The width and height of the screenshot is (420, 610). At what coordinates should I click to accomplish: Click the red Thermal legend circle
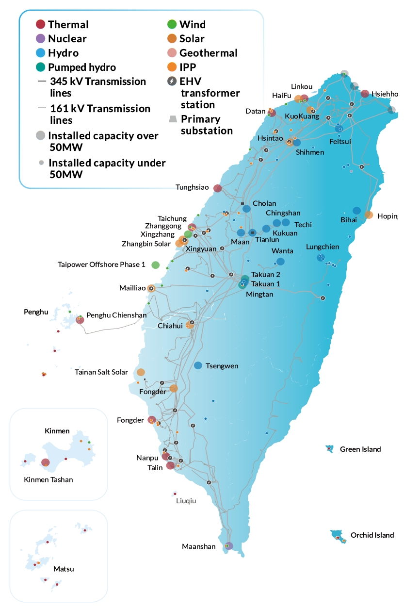point(41,24)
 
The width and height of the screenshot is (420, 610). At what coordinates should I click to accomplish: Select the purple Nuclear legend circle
point(41,38)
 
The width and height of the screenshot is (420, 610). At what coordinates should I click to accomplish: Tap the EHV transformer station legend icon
point(172,81)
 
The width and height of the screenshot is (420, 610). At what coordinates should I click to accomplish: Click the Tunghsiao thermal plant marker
point(218,188)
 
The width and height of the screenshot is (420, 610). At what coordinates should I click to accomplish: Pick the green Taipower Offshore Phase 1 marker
point(156,264)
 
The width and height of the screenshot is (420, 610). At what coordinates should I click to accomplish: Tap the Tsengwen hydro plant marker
point(198,365)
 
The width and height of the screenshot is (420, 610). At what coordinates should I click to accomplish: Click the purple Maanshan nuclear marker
point(229,546)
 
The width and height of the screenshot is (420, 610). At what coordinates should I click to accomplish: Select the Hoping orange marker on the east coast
point(369,215)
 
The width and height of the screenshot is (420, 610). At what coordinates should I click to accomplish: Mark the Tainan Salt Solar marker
point(141,372)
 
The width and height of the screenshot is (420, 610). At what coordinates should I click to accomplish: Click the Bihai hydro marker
point(356,211)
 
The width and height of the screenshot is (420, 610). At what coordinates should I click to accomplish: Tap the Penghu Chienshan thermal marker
point(80,320)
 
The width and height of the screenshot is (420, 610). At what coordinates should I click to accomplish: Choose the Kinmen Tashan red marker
point(45,463)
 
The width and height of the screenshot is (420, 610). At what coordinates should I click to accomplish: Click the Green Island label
point(360,449)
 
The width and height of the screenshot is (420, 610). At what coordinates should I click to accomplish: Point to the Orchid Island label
point(372,535)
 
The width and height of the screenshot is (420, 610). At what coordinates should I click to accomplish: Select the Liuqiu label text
point(187,501)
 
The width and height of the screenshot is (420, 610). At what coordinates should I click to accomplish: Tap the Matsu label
point(64,569)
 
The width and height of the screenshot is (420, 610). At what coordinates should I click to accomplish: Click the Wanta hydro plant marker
point(280,262)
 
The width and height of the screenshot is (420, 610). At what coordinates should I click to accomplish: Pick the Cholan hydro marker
point(246,209)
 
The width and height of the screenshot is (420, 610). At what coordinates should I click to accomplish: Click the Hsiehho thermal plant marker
point(365,94)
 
